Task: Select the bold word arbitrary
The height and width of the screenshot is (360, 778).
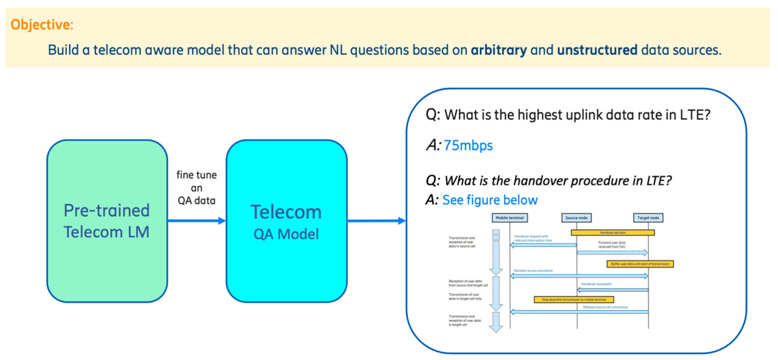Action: pos(499,50)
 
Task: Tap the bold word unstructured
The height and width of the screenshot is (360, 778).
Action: pos(597,50)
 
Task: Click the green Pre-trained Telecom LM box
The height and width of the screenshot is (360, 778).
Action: pos(107,221)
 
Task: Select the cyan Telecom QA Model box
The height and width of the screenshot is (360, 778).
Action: pos(286,221)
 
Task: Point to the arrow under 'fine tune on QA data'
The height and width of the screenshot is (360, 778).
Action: pos(196,221)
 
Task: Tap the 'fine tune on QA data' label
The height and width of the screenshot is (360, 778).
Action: pos(196,188)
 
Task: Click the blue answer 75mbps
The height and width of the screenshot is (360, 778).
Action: pos(468,145)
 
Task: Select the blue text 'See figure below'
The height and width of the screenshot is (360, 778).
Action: pos(490,200)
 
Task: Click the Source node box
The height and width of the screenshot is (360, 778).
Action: pos(576,218)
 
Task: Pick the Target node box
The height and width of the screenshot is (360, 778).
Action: pos(648,218)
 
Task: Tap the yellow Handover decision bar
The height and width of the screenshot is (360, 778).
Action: pos(613,232)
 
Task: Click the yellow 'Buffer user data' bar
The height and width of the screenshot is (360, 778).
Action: pos(640,264)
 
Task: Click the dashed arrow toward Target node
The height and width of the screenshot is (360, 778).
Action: pos(613,253)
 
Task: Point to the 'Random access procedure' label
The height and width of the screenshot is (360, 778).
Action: pos(533,271)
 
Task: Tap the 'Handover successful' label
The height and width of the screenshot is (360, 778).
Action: pos(596,284)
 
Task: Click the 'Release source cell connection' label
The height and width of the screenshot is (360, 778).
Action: pos(605,307)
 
